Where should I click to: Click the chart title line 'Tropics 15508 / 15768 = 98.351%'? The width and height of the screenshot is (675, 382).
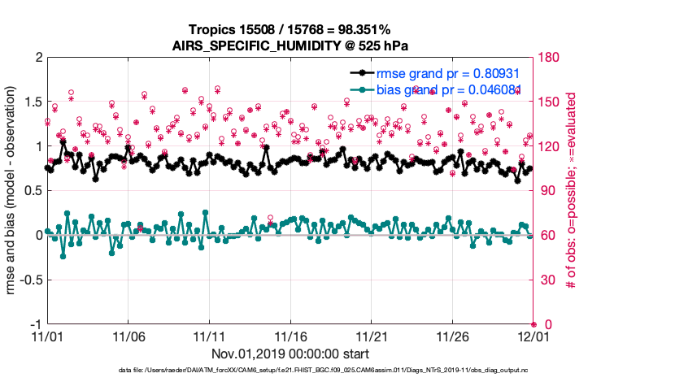290,29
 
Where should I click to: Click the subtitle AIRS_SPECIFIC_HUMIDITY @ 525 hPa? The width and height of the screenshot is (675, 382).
290,45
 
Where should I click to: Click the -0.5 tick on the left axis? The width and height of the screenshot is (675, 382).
29,280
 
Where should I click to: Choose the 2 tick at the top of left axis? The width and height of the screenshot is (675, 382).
37,58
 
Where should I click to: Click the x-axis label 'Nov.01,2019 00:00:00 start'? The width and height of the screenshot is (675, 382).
290,354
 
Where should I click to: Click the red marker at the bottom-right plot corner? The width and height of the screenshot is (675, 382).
533,324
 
